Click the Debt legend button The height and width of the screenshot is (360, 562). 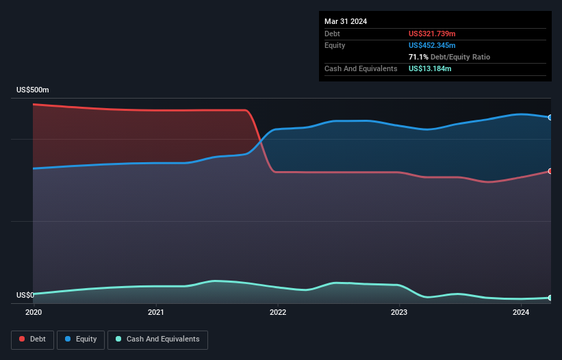click(32, 339)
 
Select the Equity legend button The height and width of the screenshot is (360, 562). click(81, 339)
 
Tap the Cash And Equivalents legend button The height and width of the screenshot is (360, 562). click(157, 339)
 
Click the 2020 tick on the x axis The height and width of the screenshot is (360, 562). click(34, 313)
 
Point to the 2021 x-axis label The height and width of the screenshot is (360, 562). click(156, 313)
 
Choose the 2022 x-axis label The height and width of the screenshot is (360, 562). click(278, 313)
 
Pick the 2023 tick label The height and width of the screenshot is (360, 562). click(399, 313)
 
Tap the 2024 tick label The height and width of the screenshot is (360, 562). click(521, 313)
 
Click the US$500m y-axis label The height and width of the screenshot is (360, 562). click(33, 90)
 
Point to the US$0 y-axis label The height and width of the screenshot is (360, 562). click(25, 296)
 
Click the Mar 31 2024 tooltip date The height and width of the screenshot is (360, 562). click(346, 21)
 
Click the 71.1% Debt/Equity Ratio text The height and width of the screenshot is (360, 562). click(449, 57)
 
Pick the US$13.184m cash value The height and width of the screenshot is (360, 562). click(430, 68)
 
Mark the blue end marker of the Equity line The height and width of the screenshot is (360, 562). click(550, 118)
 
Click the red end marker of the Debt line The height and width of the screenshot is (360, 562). click(550, 171)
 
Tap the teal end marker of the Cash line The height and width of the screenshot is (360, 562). click(550, 298)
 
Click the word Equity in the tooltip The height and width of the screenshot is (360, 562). click(335, 45)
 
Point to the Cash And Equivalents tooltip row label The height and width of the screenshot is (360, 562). click(361, 68)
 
